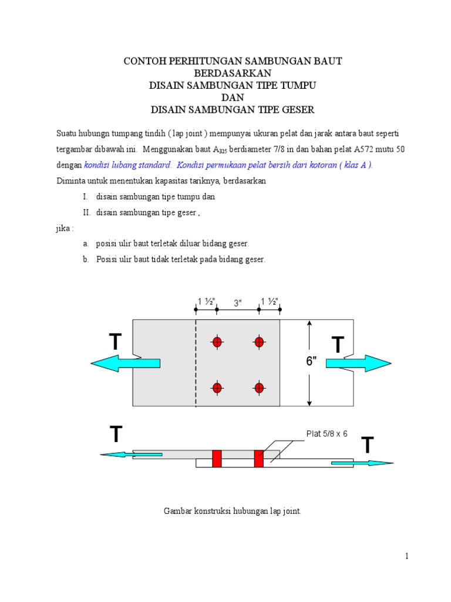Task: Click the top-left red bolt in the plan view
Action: pyautogui.click(x=217, y=342)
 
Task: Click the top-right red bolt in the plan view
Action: pyautogui.click(x=258, y=342)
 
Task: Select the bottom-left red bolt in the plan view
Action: pyautogui.click(x=217, y=387)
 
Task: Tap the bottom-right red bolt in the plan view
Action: pyautogui.click(x=258, y=387)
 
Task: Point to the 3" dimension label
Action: pyautogui.click(x=238, y=303)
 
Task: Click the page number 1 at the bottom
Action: pyautogui.click(x=406, y=557)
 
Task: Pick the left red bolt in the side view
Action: pyautogui.click(x=217, y=459)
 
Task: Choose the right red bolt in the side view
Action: pyautogui.click(x=258, y=459)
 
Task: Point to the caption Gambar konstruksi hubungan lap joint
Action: pyautogui.click(x=232, y=511)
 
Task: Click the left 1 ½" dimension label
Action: pyautogui.click(x=206, y=302)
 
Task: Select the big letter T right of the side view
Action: pyautogui.click(x=367, y=446)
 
